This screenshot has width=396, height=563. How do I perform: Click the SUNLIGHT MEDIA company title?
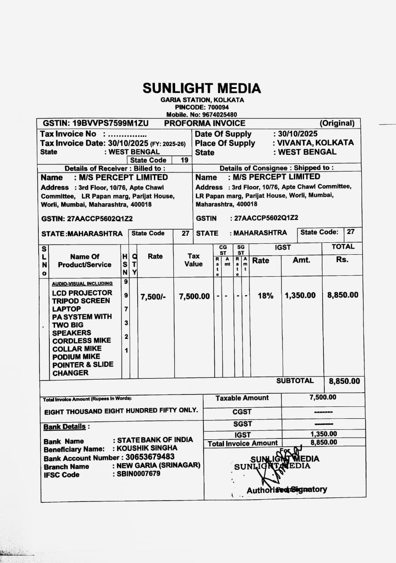pos(202,88)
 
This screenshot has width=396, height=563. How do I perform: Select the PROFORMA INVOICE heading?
pos(205,123)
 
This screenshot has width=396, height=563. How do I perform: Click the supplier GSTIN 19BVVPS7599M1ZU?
pos(96,123)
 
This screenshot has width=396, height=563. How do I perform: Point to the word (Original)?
pos(337,123)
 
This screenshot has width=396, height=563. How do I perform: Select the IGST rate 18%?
pos(265,296)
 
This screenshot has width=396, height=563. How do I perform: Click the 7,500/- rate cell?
pos(153,297)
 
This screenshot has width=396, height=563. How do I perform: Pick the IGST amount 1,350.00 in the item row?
pos(300,296)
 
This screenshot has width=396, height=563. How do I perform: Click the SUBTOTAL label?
pos(295,381)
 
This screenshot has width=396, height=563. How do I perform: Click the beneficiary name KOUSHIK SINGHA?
pos(147,449)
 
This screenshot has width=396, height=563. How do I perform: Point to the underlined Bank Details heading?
pos(65,427)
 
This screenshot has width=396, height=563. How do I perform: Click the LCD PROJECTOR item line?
pos(82,293)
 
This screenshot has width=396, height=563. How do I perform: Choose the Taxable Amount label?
pos(242,398)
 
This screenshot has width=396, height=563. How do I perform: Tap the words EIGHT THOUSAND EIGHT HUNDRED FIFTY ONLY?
pos(121,410)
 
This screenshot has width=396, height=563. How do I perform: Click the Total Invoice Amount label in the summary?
pos(242,443)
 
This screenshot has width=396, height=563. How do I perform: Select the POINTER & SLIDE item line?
pos(83,365)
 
